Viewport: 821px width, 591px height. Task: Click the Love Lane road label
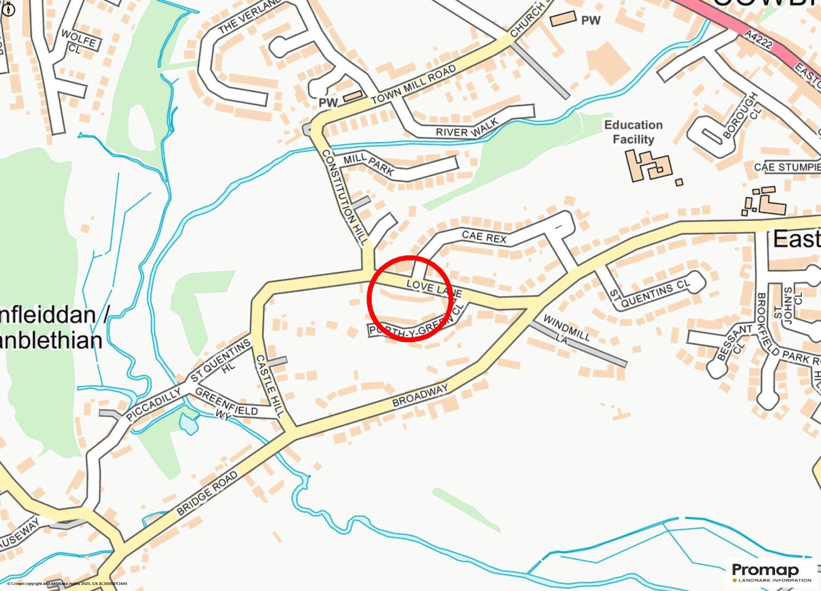point(434,289)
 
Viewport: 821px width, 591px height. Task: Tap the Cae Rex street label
point(484,237)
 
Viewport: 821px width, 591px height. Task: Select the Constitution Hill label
point(344,196)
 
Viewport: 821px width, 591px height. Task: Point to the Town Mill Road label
point(413,85)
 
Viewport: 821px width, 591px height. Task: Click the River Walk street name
point(467,129)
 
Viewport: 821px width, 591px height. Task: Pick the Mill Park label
point(368,164)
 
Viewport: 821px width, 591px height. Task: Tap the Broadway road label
point(420,395)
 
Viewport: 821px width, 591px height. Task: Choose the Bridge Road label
point(207,493)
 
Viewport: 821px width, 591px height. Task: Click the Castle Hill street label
point(269,386)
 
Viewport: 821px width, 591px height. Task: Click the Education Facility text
point(633,132)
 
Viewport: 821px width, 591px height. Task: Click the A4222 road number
point(758,39)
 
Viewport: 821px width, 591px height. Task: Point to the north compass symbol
point(9,9)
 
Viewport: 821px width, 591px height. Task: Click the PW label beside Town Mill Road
point(328,103)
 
